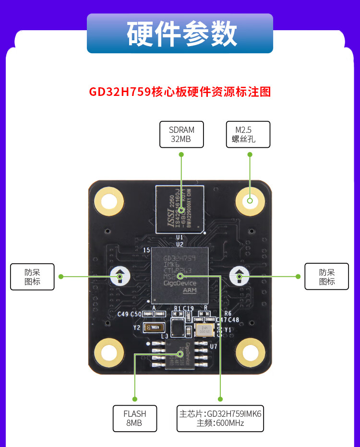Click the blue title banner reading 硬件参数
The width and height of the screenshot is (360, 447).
(x=180, y=33)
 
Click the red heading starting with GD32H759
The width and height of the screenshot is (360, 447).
(x=180, y=92)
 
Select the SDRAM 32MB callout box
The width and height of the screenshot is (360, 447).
(x=181, y=134)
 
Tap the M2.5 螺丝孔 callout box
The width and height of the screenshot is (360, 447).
(x=248, y=134)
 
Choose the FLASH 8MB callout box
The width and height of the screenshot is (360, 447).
(x=134, y=418)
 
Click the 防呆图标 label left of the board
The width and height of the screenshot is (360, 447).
(x=32, y=277)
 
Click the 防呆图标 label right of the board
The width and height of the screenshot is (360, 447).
(x=326, y=277)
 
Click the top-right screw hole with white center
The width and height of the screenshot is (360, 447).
(x=250, y=200)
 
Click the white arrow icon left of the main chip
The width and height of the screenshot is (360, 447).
(x=120, y=276)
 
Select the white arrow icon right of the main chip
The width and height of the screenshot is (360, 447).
(x=239, y=276)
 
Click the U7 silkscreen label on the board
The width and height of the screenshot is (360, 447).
(x=214, y=346)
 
